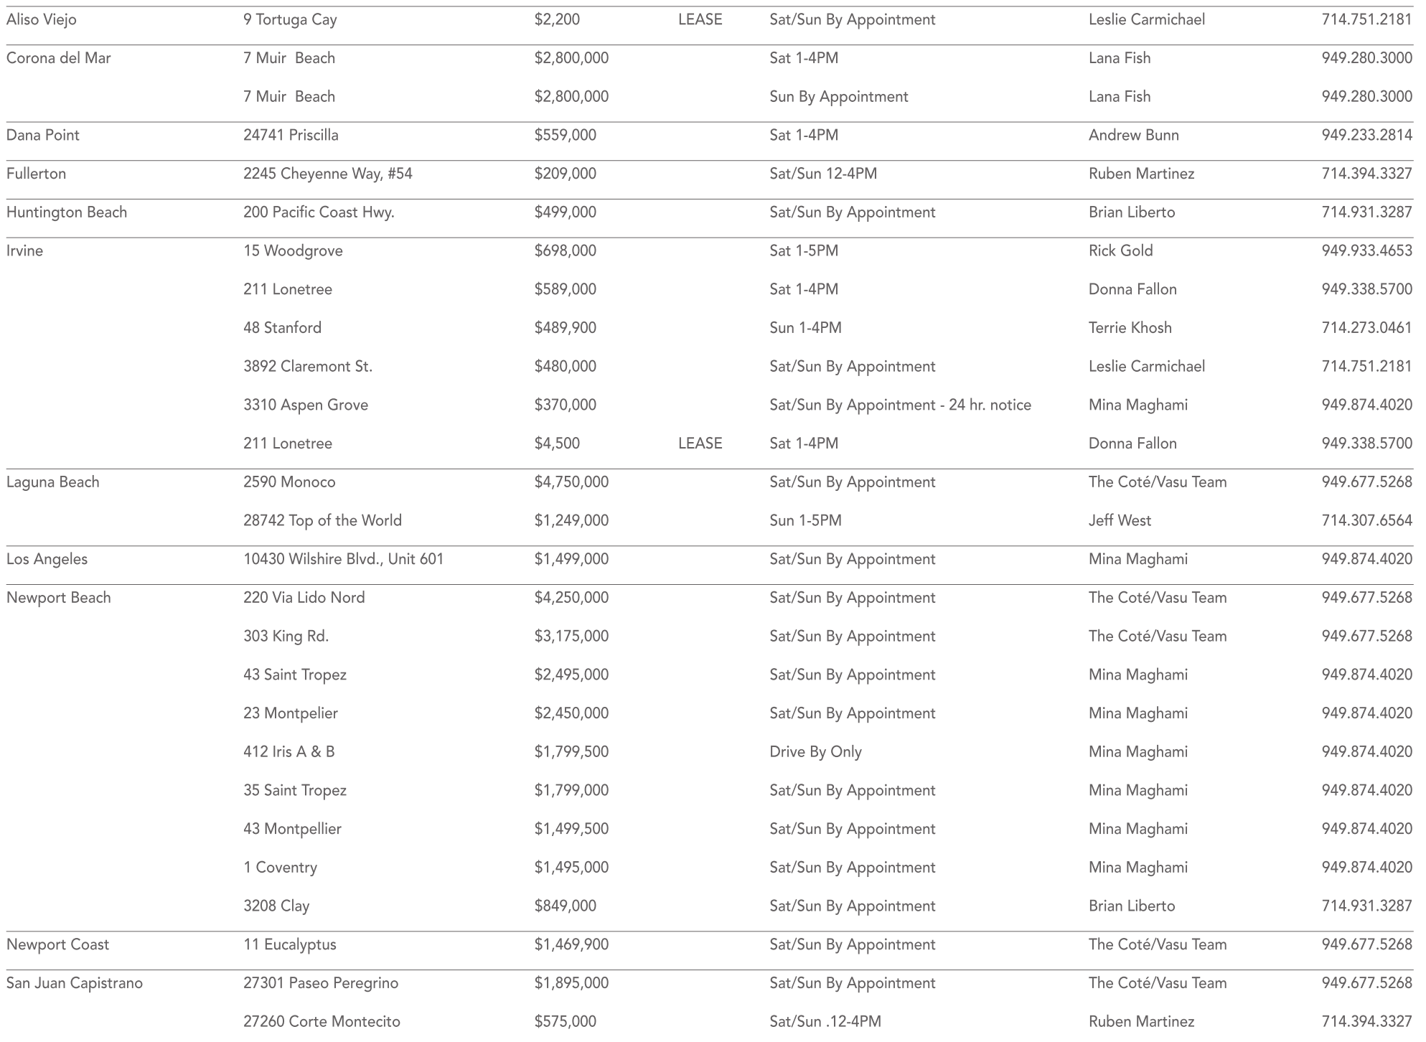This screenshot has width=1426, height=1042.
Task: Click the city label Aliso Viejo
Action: coord(42,20)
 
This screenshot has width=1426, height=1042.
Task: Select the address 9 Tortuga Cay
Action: coord(290,20)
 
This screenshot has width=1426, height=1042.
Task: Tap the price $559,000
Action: coord(565,136)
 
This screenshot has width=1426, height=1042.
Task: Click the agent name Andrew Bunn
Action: coord(1133,136)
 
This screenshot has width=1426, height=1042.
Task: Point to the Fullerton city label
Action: coord(36,174)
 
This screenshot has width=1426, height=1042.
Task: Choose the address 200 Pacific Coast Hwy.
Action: coord(319,212)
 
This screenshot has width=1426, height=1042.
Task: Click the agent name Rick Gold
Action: coord(1120,251)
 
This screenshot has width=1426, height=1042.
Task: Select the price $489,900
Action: coord(565,328)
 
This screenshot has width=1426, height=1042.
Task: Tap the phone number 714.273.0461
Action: coord(1366,328)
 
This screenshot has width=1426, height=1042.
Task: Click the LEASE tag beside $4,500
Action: coord(700,443)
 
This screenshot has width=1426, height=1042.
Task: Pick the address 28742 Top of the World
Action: coord(322,521)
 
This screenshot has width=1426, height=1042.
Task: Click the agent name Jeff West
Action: coord(1120,521)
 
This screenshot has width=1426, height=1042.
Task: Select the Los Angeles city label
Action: coord(47,560)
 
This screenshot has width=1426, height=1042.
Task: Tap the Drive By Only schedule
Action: coord(815,752)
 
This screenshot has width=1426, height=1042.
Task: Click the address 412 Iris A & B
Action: coord(289,752)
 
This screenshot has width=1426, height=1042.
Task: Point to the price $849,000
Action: coord(565,906)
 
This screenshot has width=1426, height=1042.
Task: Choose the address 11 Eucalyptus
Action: coord(289,945)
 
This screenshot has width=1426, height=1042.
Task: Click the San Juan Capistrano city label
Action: coord(75,983)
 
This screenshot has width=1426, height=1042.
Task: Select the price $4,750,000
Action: coord(571,482)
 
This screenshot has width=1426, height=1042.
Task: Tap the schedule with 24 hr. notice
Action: coord(900,405)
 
